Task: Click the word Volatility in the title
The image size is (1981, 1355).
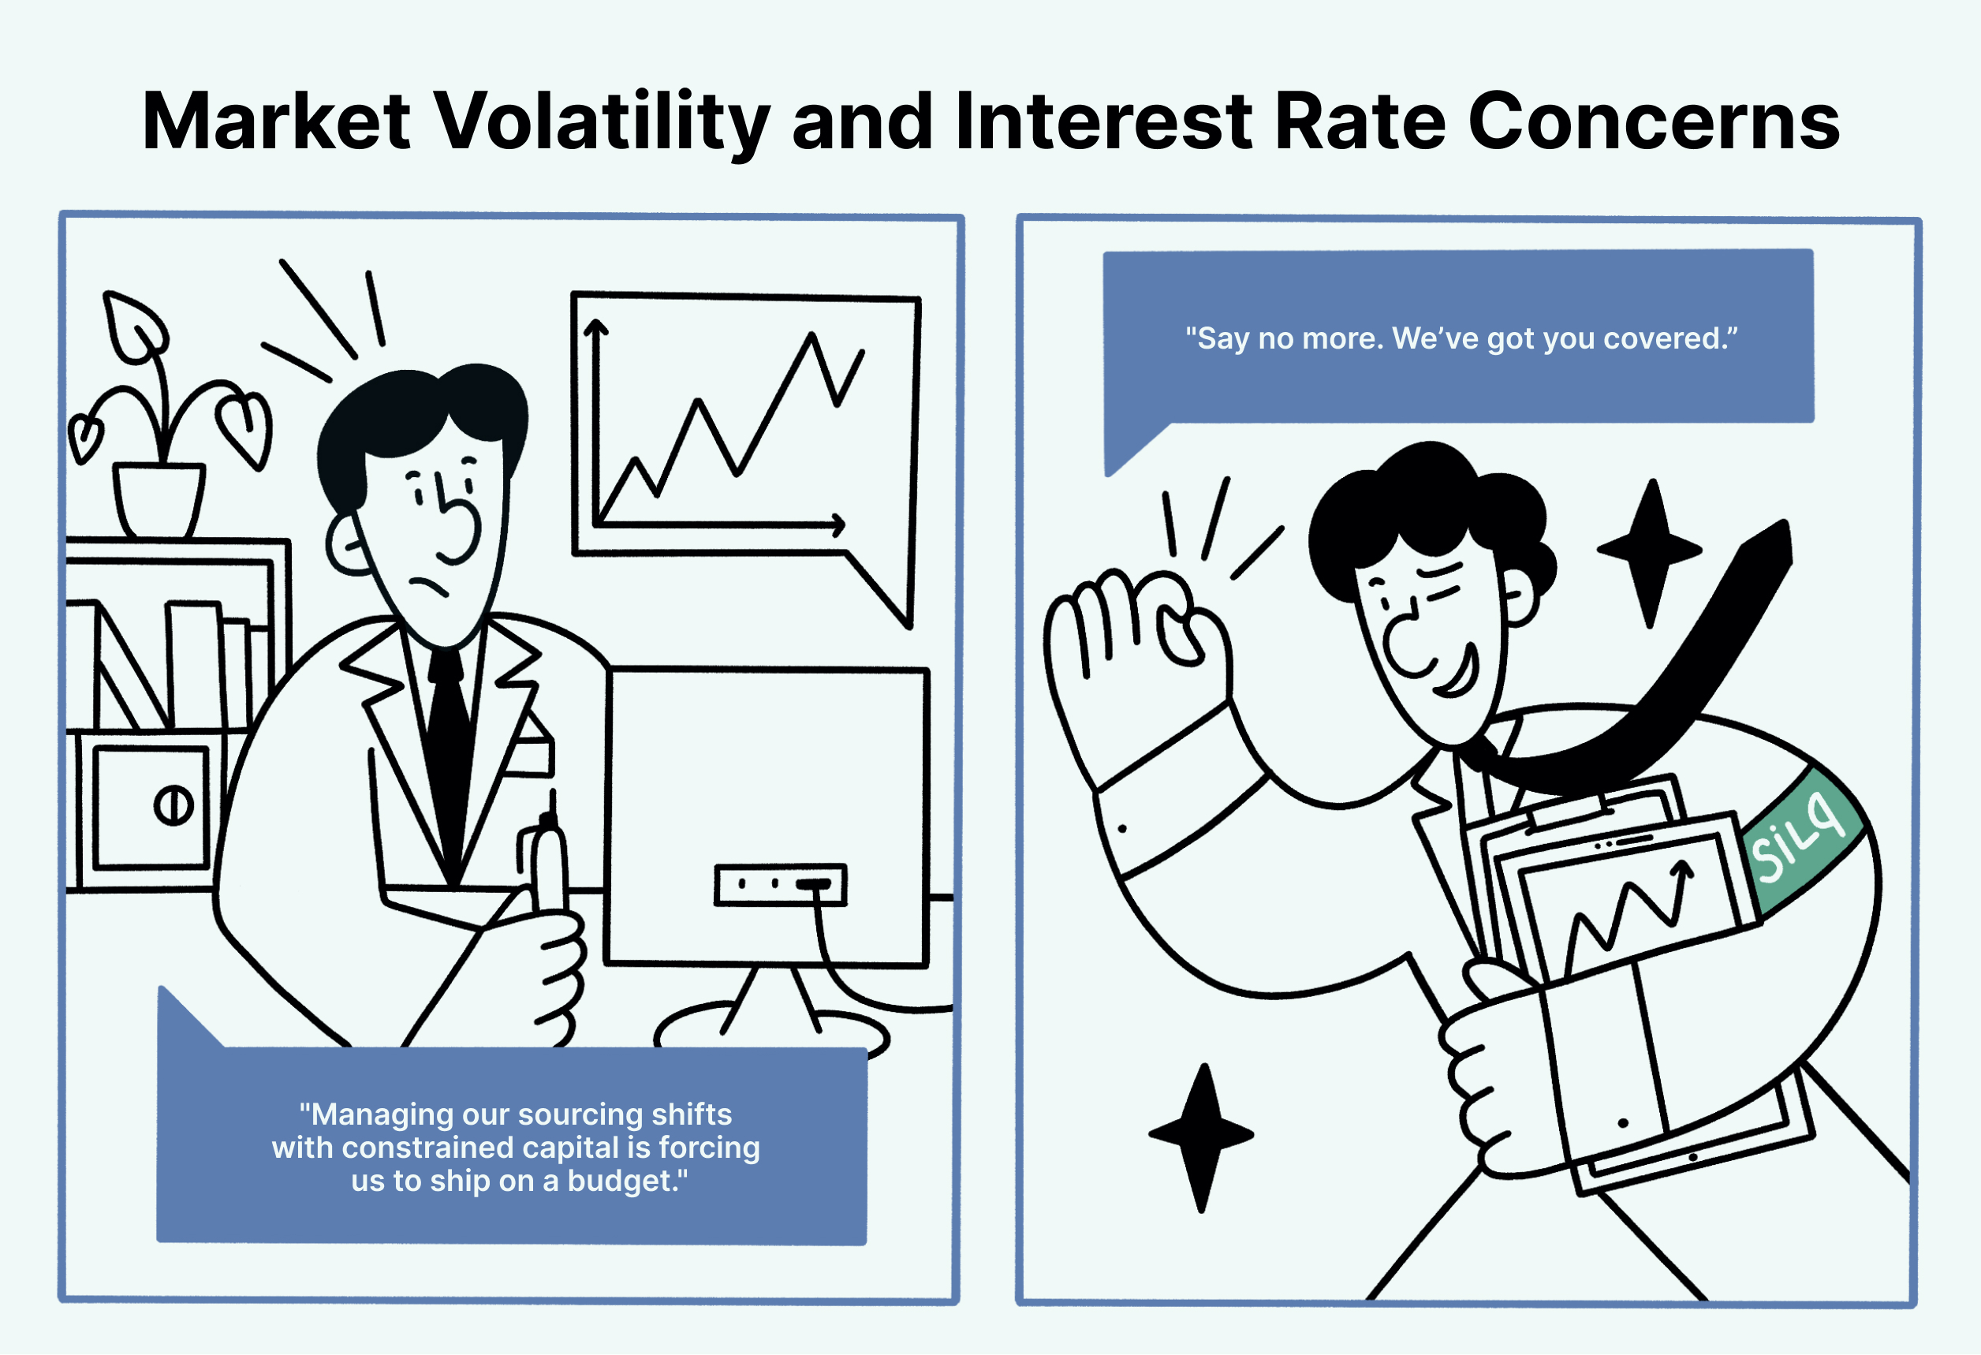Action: click(x=603, y=122)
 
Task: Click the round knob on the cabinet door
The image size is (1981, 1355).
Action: click(x=174, y=805)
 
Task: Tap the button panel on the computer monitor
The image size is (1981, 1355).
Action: click(x=780, y=884)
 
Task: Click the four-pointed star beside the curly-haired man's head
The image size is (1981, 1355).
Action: click(x=1651, y=551)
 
